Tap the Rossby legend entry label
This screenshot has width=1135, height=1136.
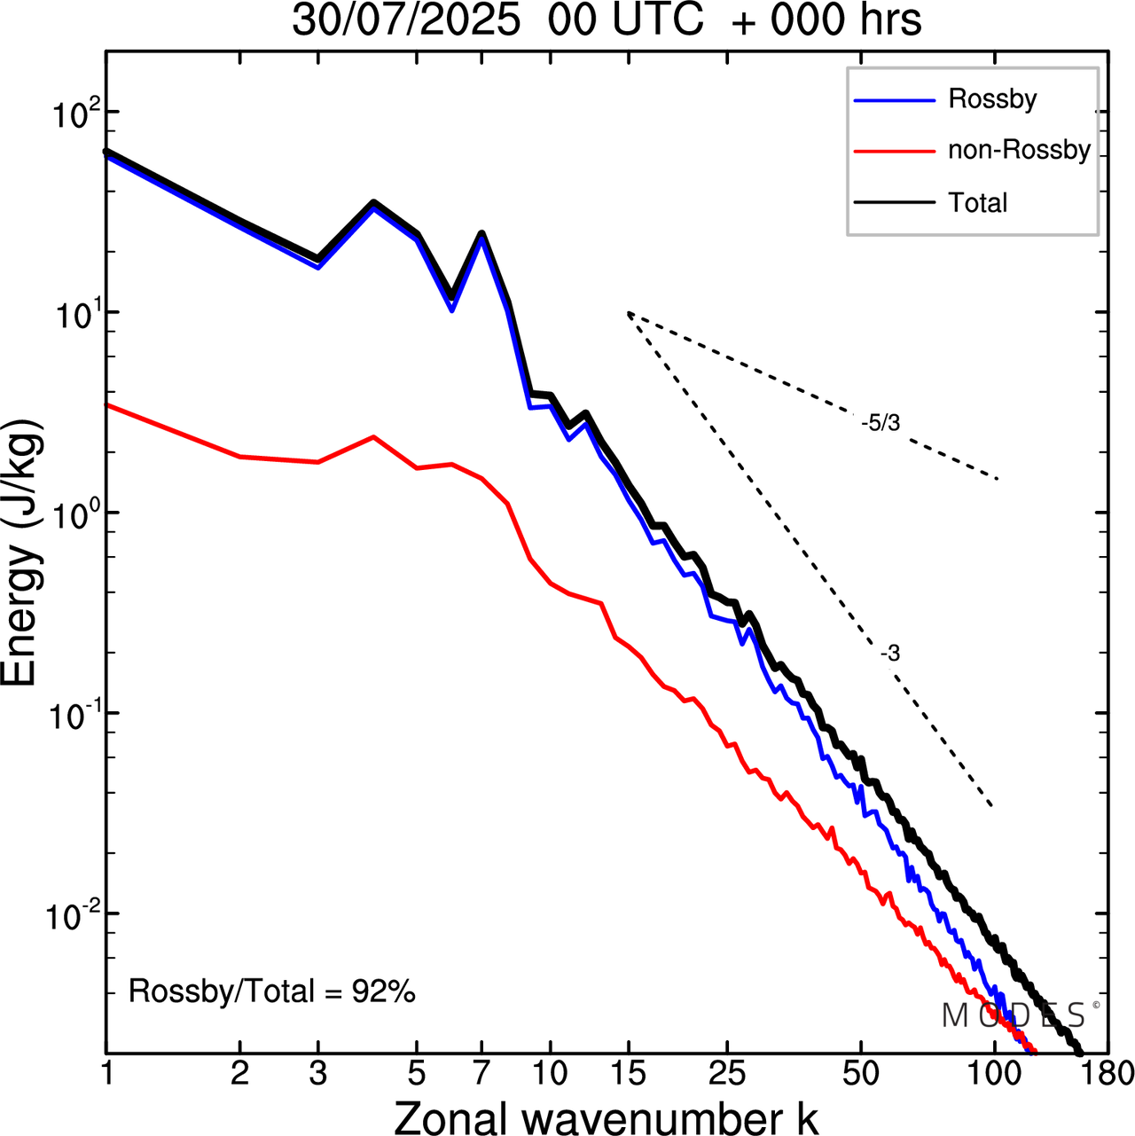tap(992, 98)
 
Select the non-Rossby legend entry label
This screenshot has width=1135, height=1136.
tap(1019, 150)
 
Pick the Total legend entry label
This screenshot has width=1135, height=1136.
tap(978, 203)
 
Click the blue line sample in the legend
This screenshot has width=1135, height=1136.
tap(894, 100)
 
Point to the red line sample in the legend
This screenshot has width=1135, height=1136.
tap(894, 152)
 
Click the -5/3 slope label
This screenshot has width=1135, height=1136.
tap(881, 424)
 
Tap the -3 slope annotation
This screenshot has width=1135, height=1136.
tap(890, 654)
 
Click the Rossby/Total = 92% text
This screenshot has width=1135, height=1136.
tap(272, 991)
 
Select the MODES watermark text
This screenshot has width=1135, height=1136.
tap(1014, 1015)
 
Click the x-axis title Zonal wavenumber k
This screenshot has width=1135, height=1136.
tap(607, 1117)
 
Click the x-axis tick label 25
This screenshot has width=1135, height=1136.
tap(726, 1074)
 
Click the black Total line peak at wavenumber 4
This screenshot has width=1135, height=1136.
tap(374, 203)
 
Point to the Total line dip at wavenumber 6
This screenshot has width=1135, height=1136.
tap(452, 296)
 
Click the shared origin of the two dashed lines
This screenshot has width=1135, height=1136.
tap(628, 313)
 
